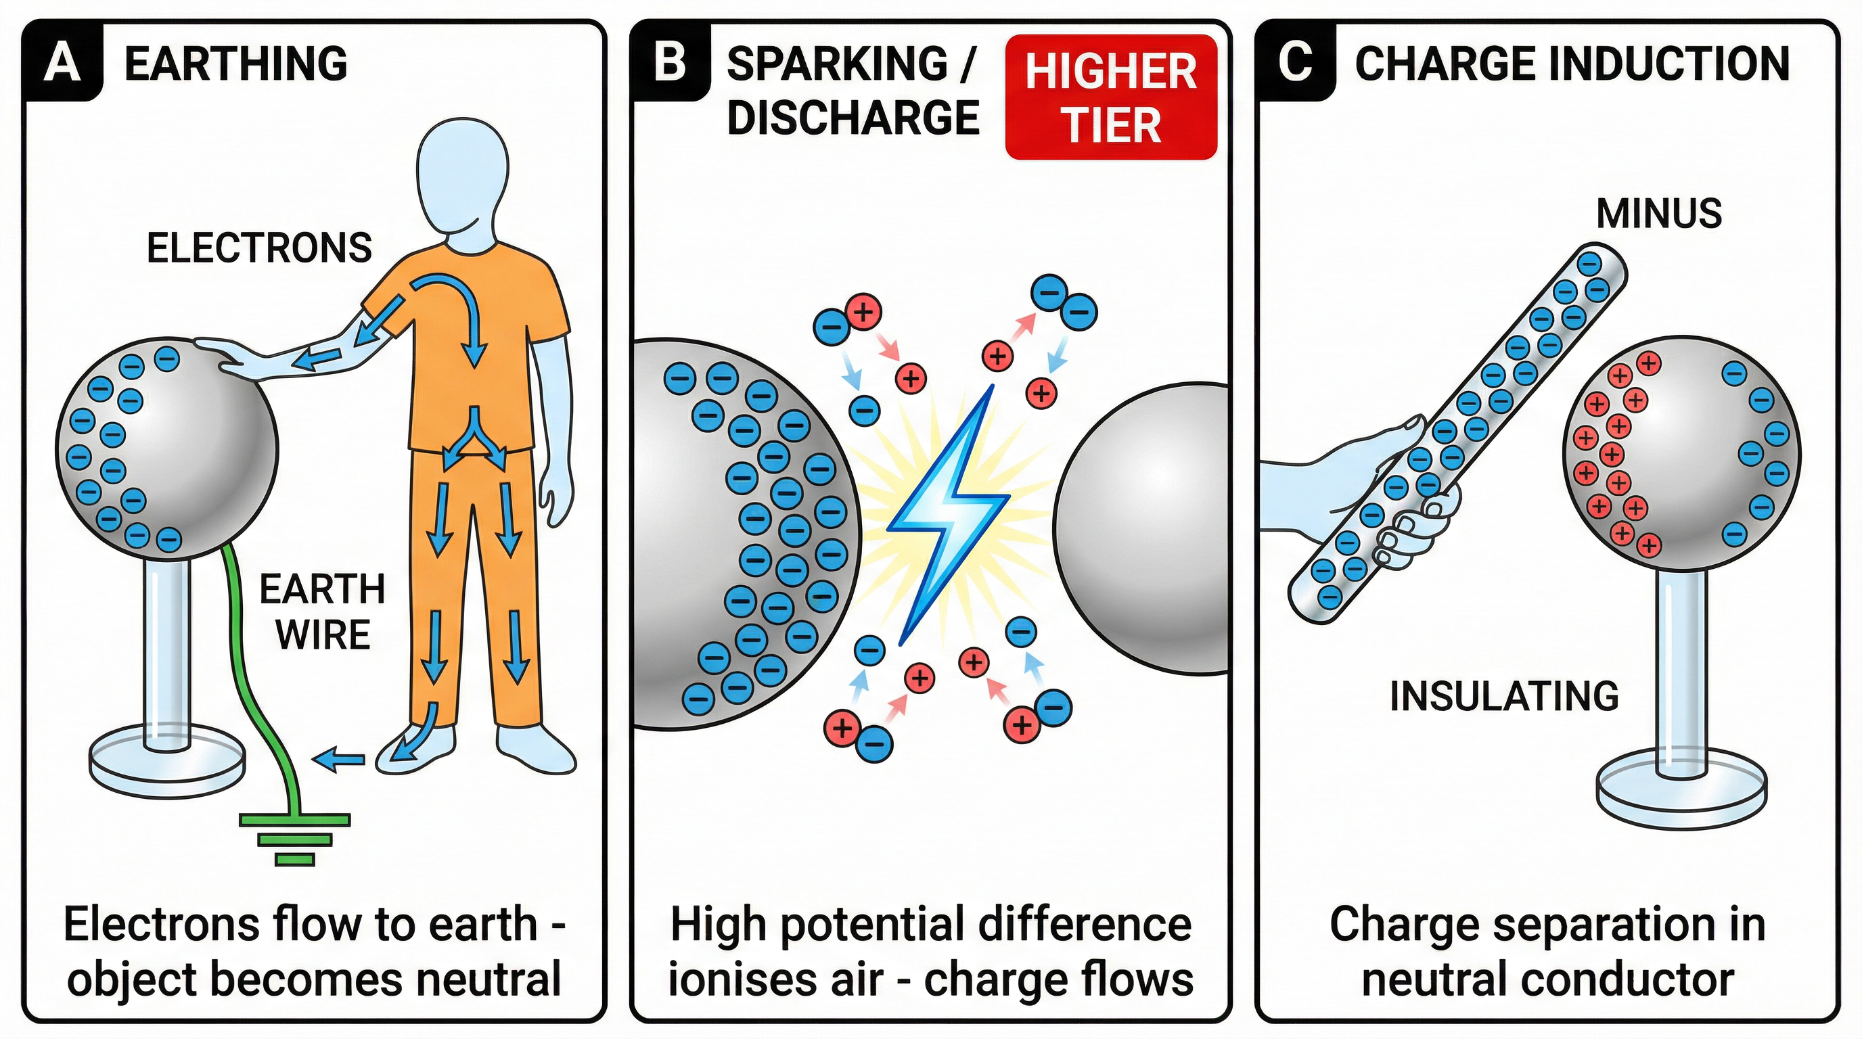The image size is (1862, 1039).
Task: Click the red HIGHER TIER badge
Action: point(1111,97)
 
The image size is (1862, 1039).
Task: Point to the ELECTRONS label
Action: point(258,248)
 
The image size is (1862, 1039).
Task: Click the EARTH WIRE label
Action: point(322,612)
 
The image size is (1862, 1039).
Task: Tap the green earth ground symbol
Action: point(295,838)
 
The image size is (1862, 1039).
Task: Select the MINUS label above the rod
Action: point(1658,214)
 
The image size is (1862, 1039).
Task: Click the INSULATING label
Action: point(1504,697)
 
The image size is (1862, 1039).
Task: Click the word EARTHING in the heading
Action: point(235,64)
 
